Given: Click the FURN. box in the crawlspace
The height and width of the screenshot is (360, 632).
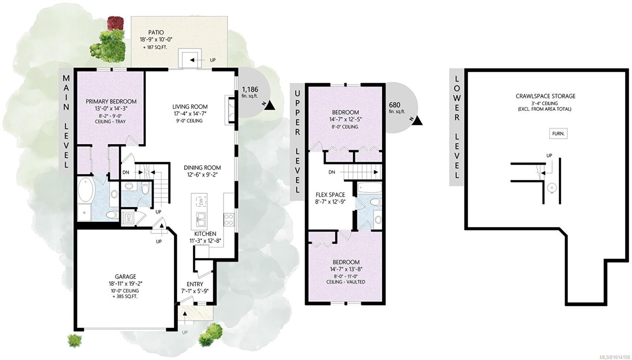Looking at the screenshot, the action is (x=558, y=134).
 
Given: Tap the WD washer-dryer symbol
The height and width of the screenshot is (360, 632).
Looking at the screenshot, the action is (x=129, y=218).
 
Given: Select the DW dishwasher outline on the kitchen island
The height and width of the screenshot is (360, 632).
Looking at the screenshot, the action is (x=201, y=202).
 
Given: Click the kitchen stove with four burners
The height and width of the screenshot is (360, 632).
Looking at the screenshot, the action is (x=229, y=219).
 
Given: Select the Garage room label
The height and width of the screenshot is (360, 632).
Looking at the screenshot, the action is (x=125, y=277).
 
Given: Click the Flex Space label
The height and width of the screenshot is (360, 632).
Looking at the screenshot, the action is (x=330, y=195).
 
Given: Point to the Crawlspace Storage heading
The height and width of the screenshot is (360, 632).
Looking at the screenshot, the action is (x=545, y=96).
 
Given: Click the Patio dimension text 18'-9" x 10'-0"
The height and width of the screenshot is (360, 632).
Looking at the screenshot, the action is (x=156, y=39).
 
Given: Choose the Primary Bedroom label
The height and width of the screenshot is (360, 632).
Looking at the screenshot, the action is (x=111, y=101).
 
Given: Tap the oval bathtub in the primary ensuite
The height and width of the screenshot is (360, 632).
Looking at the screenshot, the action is (x=85, y=189).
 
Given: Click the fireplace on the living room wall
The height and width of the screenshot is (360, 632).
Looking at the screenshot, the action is (x=230, y=110).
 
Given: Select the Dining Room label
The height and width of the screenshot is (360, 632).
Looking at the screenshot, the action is (x=202, y=168).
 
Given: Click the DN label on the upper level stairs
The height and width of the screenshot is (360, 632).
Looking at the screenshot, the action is (x=332, y=172).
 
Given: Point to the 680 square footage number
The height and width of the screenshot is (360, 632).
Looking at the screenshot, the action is (x=395, y=105).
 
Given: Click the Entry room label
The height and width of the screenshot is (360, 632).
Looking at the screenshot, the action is (x=195, y=284).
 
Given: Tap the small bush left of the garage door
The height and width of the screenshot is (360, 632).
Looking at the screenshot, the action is (x=75, y=341).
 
